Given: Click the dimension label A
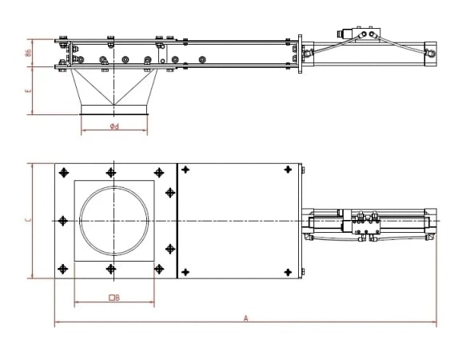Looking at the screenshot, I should [245, 318].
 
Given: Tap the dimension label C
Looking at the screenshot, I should [27, 220].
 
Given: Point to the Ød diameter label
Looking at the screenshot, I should [115, 126].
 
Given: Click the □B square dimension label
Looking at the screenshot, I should [114, 298].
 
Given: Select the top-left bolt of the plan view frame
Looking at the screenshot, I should [62, 171].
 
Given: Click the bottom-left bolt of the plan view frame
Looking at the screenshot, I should [62, 269].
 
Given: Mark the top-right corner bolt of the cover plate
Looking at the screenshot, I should [288, 170].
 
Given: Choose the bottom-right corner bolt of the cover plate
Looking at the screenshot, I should [288, 271].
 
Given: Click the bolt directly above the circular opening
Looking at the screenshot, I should [111, 171].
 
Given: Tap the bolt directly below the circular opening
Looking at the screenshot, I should [111, 269].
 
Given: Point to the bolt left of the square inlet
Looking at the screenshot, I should [62, 220].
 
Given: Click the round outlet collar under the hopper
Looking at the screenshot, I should [114, 110].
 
